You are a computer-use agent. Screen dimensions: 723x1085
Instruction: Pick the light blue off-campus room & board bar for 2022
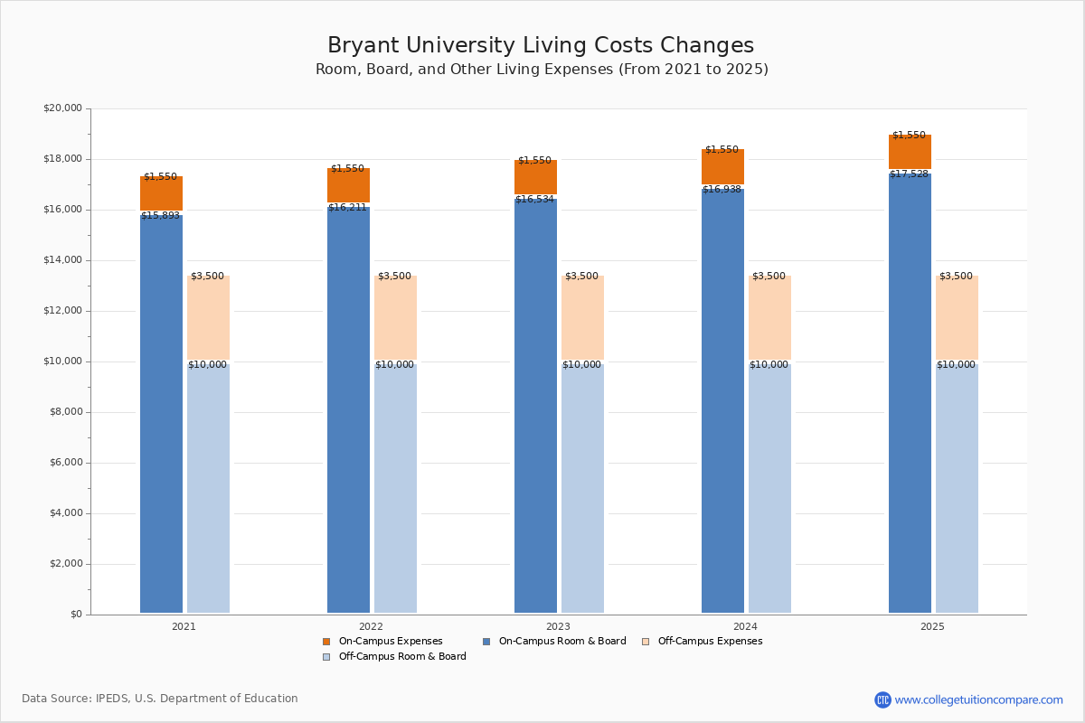395,488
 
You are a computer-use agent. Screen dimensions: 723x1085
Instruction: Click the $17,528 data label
909,174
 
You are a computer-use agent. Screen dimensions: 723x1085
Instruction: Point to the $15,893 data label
160,216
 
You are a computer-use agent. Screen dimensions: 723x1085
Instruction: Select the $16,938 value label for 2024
722,190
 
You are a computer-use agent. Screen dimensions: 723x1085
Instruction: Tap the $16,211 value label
347,208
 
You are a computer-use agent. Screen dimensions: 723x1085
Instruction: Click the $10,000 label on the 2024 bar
769,365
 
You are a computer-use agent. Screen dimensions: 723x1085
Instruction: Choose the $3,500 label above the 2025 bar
956,277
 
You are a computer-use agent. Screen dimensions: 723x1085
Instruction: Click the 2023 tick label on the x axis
558,626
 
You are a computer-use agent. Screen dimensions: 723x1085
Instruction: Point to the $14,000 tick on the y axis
62,260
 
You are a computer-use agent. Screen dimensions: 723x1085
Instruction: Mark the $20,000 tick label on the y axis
62,108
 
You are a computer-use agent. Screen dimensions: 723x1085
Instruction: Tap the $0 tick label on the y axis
75,615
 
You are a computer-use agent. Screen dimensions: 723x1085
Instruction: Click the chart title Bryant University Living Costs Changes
541,46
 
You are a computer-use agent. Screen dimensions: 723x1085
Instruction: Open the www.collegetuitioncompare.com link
978,700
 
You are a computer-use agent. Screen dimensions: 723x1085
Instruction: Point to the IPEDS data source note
160,699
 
